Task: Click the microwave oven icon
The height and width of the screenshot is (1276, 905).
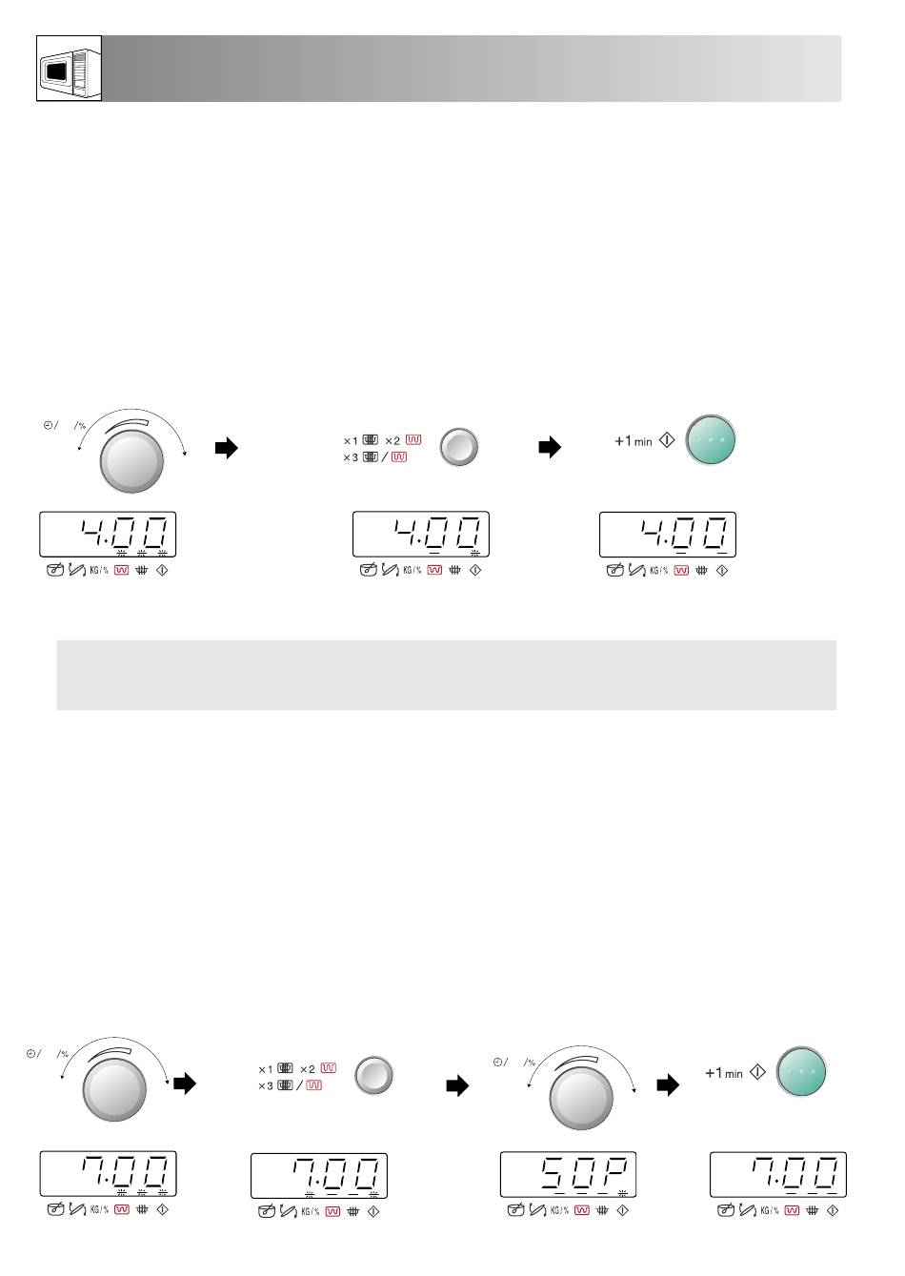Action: pos(69,69)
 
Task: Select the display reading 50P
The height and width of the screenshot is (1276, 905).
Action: pos(568,1174)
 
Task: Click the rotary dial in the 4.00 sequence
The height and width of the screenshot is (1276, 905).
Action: pos(131,461)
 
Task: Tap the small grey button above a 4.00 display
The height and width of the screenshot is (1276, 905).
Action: pos(459,447)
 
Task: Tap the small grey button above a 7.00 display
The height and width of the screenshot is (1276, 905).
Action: pos(373,1076)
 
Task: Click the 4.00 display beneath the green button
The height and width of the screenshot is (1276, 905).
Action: pos(668,535)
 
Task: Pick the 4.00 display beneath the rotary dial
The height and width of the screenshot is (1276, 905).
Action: pos(108,535)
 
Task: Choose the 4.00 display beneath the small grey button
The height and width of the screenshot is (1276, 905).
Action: pos(421,535)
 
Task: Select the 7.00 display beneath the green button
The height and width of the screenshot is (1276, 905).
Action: pos(778,1174)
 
